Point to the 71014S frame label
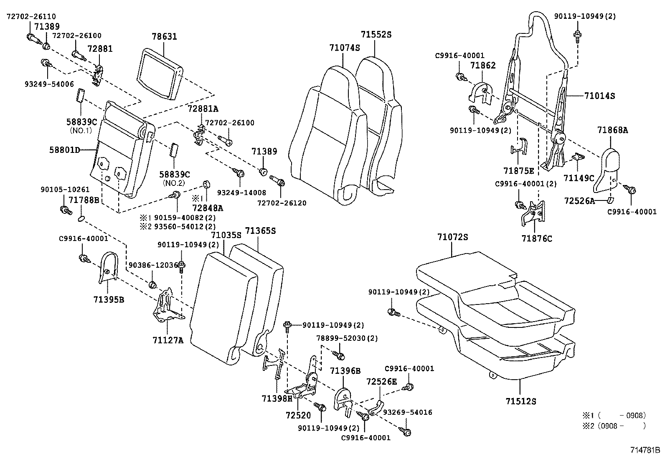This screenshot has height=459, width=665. pyautogui.click(x=599, y=96)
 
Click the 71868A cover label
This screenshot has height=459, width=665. pyautogui.click(x=612, y=130)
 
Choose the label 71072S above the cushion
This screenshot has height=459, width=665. pyautogui.click(x=452, y=237)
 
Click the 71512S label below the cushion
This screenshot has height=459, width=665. pyautogui.click(x=520, y=401)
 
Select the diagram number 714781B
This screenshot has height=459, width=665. pyautogui.click(x=645, y=450)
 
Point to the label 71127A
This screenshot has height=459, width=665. pyautogui.click(x=168, y=340)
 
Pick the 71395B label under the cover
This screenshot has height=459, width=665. pyautogui.click(x=109, y=299)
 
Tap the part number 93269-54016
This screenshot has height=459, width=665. pyautogui.click(x=407, y=412)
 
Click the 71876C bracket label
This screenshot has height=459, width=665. pyautogui.click(x=536, y=238)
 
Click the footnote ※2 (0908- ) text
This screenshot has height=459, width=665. pyautogui.click(x=614, y=426)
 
